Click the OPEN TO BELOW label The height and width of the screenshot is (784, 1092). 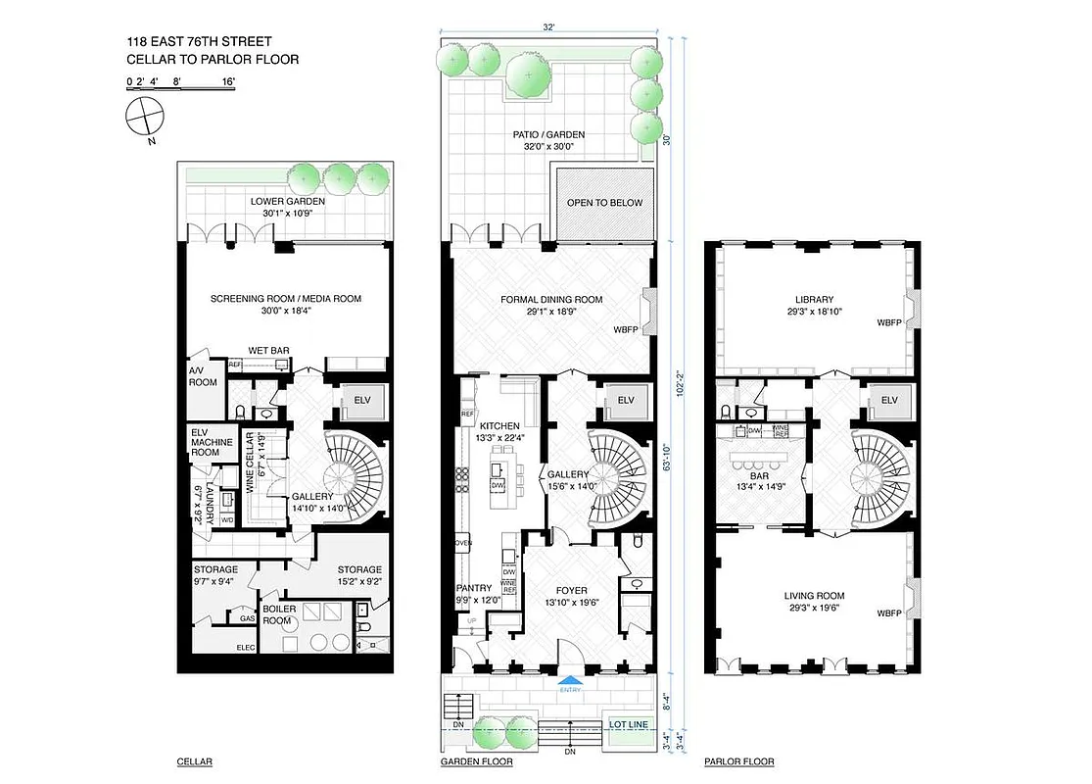pyautogui.click(x=605, y=203)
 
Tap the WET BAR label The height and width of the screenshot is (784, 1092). pyautogui.click(x=265, y=350)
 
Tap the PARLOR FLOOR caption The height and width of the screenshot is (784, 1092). pyautogui.click(x=739, y=761)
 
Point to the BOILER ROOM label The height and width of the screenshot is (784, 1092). pyautogui.click(x=278, y=614)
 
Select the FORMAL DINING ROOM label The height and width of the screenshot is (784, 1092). pyautogui.click(x=551, y=300)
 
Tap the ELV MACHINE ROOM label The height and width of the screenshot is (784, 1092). pyautogui.click(x=212, y=442)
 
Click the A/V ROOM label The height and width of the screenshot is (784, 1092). pyautogui.click(x=203, y=376)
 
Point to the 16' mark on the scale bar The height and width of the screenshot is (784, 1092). pyautogui.click(x=228, y=82)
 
